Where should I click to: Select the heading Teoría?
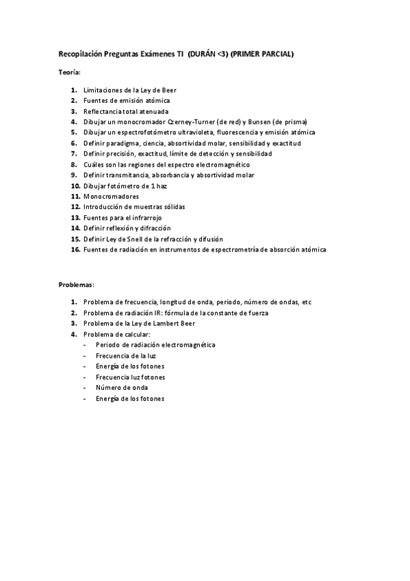pyautogui.click(x=69, y=73)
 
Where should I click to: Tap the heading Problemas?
pyautogui.click(x=76, y=284)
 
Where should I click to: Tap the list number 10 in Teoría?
pyautogui.click(x=75, y=186)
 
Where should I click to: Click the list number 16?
pyautogui.click(x=75, y=249)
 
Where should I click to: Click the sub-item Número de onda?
pyautogui.click(x=121, y=387)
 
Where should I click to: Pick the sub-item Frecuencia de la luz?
pyautogui.click(x=126, y=356)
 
